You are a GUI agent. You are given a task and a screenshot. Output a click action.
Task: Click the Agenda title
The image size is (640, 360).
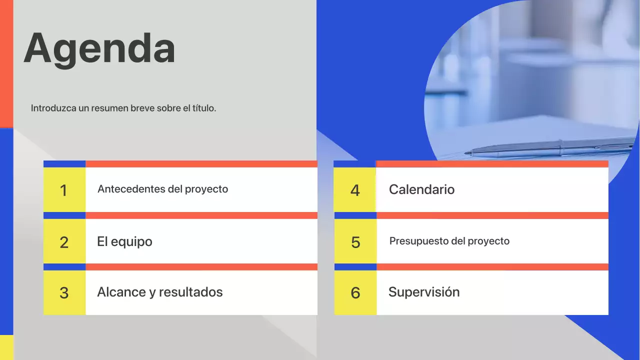click(x=99, y=48)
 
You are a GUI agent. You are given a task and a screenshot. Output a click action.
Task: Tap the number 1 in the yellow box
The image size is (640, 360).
click(x=63, y=190)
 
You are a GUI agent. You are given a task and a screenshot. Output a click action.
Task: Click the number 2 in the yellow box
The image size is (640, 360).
click(x=64, y=242)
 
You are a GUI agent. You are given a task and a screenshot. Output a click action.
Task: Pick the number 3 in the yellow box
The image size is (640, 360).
click(x=64, y=293)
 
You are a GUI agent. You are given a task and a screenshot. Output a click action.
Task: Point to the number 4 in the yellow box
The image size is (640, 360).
click(x=355, y=190)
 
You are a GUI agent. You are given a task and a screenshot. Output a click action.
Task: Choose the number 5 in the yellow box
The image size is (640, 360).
click(x=355, y=242)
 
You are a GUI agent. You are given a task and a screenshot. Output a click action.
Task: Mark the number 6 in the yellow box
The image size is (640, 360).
click(x=355, y=293)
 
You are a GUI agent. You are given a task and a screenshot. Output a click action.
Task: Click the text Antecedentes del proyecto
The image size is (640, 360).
click(x=162, y=189)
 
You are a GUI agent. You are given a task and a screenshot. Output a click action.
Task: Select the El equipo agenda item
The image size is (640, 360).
click(x=124, y=241)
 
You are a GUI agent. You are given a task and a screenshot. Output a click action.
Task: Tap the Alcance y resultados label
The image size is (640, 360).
click(x=159, y=292)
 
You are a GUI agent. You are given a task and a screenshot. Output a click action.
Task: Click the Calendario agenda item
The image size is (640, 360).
click(x=421, y=189)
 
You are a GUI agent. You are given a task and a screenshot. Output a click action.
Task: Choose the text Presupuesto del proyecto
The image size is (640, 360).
click(x=449, y=241)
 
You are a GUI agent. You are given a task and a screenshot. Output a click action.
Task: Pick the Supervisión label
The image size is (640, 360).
click(x=423, y=292)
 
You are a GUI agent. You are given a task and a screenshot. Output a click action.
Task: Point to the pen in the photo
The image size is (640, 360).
click(x=550, y=148)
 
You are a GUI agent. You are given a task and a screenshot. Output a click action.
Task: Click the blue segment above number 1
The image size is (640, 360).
click(x=64, y=164)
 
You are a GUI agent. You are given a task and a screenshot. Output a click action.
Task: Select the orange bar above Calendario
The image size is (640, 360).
click(x=492, y=164)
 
